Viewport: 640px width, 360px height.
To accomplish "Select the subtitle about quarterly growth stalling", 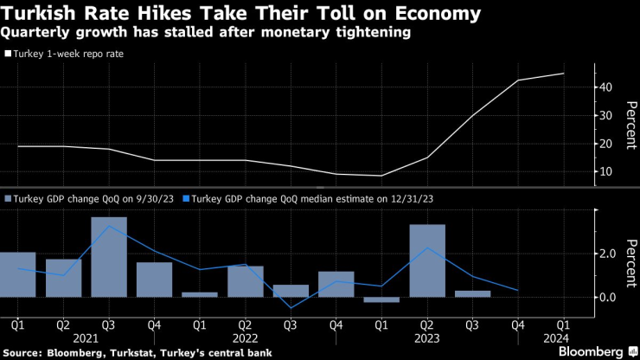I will point(206,33).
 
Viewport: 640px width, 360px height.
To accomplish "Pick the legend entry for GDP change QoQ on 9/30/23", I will point(91,198).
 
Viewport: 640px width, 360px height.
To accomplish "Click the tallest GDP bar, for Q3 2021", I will point(109,257).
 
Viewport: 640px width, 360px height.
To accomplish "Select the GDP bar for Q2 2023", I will point(427,260).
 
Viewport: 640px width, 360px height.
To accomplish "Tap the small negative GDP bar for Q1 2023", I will point(381,300).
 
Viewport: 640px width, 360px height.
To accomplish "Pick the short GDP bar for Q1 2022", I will point(200,294).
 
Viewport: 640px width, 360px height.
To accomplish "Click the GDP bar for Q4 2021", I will point(154,280).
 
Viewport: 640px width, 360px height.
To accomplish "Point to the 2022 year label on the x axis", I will point(245,338).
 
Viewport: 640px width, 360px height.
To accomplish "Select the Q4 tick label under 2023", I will point(518,325).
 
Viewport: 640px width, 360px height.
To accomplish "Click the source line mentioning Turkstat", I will point(138,352).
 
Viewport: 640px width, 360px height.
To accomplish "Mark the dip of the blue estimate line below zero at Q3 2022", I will point(291,307).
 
